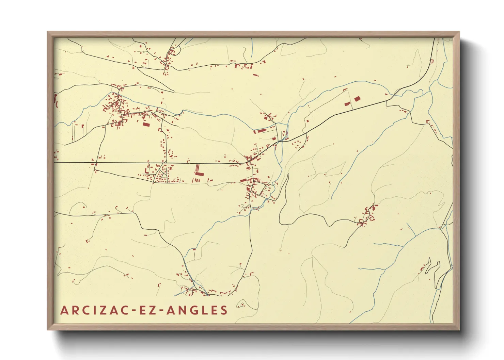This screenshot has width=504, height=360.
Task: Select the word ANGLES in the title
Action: tap(196, 310)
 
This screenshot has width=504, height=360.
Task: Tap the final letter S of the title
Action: tap(224, 310)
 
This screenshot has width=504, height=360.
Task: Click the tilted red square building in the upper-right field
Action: tap(357, 99)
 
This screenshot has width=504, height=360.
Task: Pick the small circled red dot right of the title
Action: tap(242, 305)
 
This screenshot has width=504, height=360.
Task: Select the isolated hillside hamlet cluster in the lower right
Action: tap(367, 215)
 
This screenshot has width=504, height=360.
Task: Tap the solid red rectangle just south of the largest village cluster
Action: tap(146, 125)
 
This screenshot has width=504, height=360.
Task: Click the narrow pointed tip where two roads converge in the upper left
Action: tap(173, 91)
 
